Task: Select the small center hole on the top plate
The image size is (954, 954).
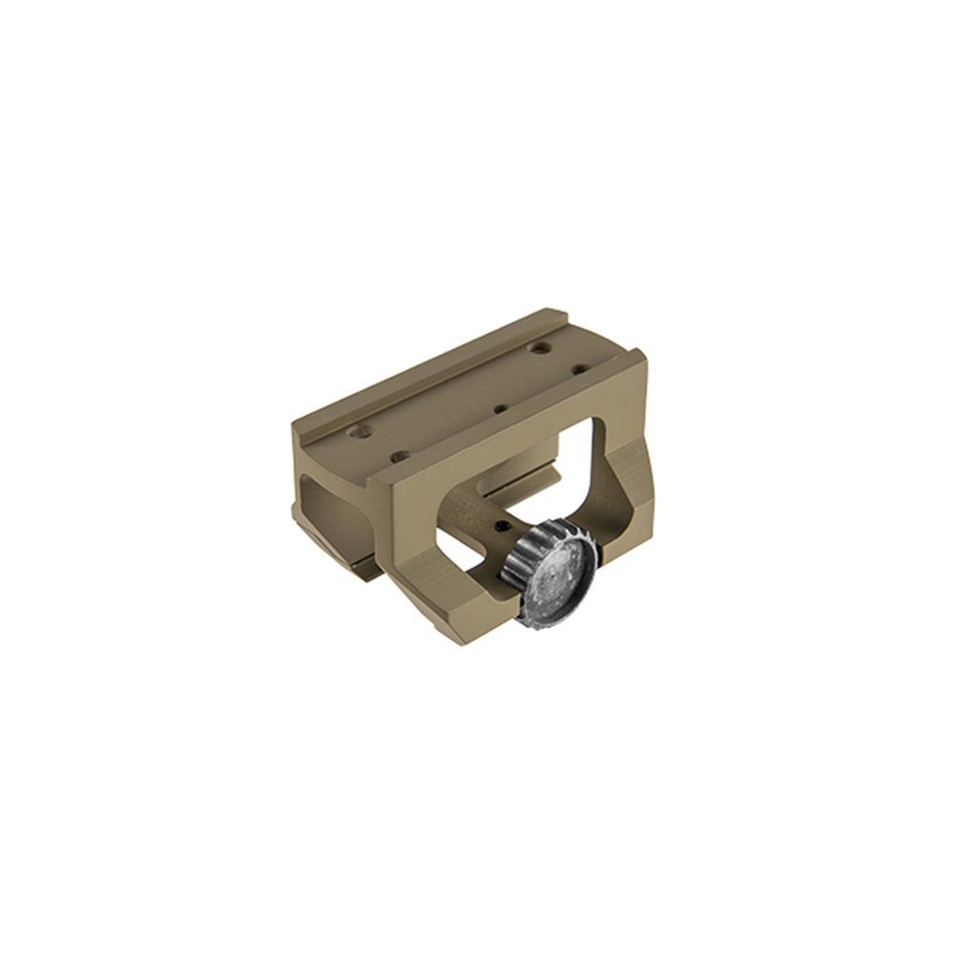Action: pyautogui.click(x=501, y=408)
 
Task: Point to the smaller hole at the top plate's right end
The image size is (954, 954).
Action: pyautogui.click(x=577, y=367)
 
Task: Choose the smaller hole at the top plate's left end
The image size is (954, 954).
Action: pyautogui.click(x=401, y=457)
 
